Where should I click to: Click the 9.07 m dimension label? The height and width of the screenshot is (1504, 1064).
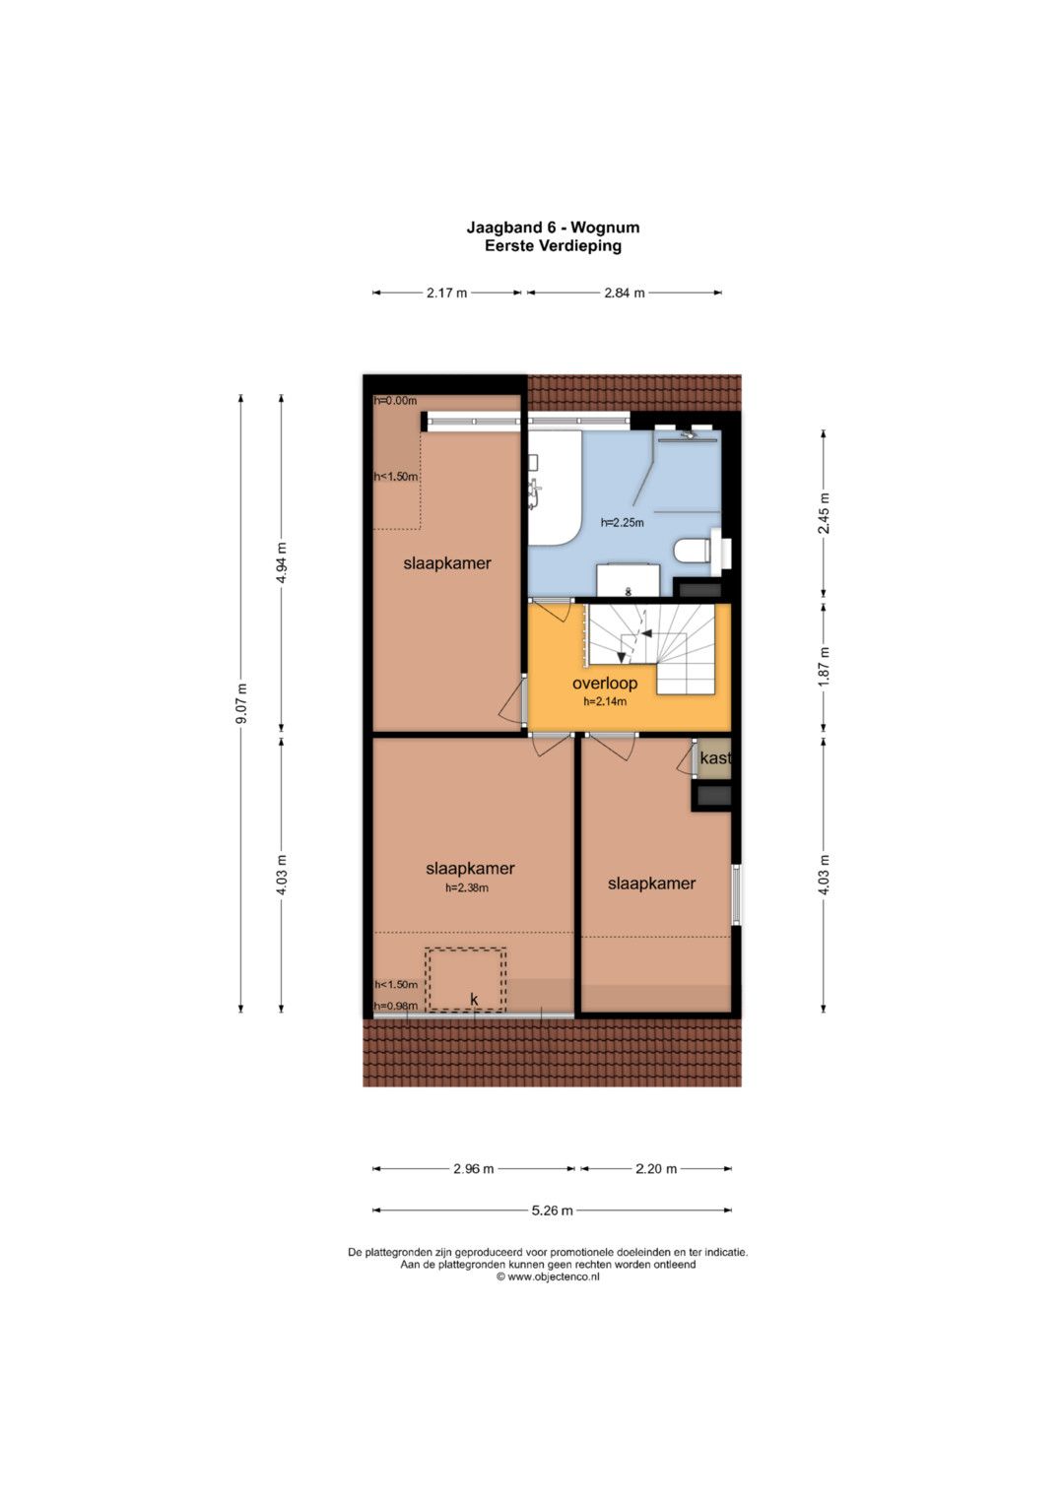click(x=242, y=703)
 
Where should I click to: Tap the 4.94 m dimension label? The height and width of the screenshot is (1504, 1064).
click(x=282, y=562)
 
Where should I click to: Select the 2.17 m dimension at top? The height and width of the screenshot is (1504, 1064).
click(x=446, y=293)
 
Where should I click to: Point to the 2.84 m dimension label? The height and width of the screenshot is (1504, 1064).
click(x=624, y=293)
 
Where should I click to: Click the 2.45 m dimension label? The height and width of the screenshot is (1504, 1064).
click(x=825, y=513)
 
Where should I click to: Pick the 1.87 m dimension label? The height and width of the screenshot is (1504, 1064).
click(x=825, y=666)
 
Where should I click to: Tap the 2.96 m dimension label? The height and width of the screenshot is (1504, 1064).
click(x=474, y=1169)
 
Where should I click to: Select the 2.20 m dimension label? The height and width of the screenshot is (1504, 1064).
click(x=656, y=1169)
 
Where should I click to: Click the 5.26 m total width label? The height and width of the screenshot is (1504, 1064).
click(x=552, y=1210)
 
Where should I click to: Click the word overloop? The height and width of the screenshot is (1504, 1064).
click(x=605, y=685)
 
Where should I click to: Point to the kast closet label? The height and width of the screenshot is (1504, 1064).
click(x=714, y=758)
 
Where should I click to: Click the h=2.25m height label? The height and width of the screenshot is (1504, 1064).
click(x=622, y=522)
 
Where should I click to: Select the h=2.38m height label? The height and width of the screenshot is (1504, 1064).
click(x=467, y=887)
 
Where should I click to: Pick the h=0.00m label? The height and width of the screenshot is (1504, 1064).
click(x=396, y=401)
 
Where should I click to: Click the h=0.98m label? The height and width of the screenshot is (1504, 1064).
click(x=396, y=1006)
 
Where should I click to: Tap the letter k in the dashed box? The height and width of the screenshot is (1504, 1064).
click(x=474, y=1000)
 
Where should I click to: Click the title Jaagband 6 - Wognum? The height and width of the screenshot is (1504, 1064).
click(x=553, y=228)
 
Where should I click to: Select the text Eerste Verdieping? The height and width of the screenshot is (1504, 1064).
click(x=553, y=246)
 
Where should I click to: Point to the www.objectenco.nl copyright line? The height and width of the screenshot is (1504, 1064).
click(x=548, y=1277)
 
